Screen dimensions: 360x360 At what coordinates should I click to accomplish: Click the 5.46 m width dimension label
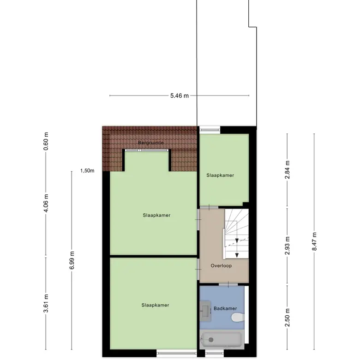[x=180, y=96]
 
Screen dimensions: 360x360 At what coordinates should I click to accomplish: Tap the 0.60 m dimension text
[x=46, y=141]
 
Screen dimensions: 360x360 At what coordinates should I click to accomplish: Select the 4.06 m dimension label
[x=46, y=203]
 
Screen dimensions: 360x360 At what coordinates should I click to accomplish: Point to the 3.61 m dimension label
[x=46, y=303]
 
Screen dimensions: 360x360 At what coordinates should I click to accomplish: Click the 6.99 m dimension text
[x=72, y=260]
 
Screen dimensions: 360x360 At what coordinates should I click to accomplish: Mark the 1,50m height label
[x=87, y=171]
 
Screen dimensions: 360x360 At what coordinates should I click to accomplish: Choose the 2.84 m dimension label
[x=287, y=170]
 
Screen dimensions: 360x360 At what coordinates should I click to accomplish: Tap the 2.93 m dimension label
[x=287, y=246]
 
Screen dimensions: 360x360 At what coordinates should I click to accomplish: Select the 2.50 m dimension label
[x=287, y=318]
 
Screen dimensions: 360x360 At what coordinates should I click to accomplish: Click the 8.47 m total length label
[x=314, y=241]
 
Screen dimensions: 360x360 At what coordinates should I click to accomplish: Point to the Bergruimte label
[x=151, y=143]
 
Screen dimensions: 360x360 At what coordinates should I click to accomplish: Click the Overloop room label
[x=221, y=266]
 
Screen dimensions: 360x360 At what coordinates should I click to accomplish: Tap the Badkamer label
[x=225, y=308]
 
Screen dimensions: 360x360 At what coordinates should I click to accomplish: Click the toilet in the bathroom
[x=238, y=318]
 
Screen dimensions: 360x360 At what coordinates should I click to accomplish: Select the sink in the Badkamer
[x=205, y=311]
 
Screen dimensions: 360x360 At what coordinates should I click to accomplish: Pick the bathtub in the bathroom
[x=222, y=340]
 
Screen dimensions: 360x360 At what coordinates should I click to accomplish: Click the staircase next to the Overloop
[x=236, y=234]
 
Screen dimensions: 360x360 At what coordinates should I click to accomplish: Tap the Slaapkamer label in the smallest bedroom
[x=220, y=175]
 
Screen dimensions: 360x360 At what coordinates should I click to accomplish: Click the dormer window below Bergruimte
[x=147, y=150]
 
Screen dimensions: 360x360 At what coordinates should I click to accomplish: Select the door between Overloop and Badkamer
[x=228, y=285]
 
